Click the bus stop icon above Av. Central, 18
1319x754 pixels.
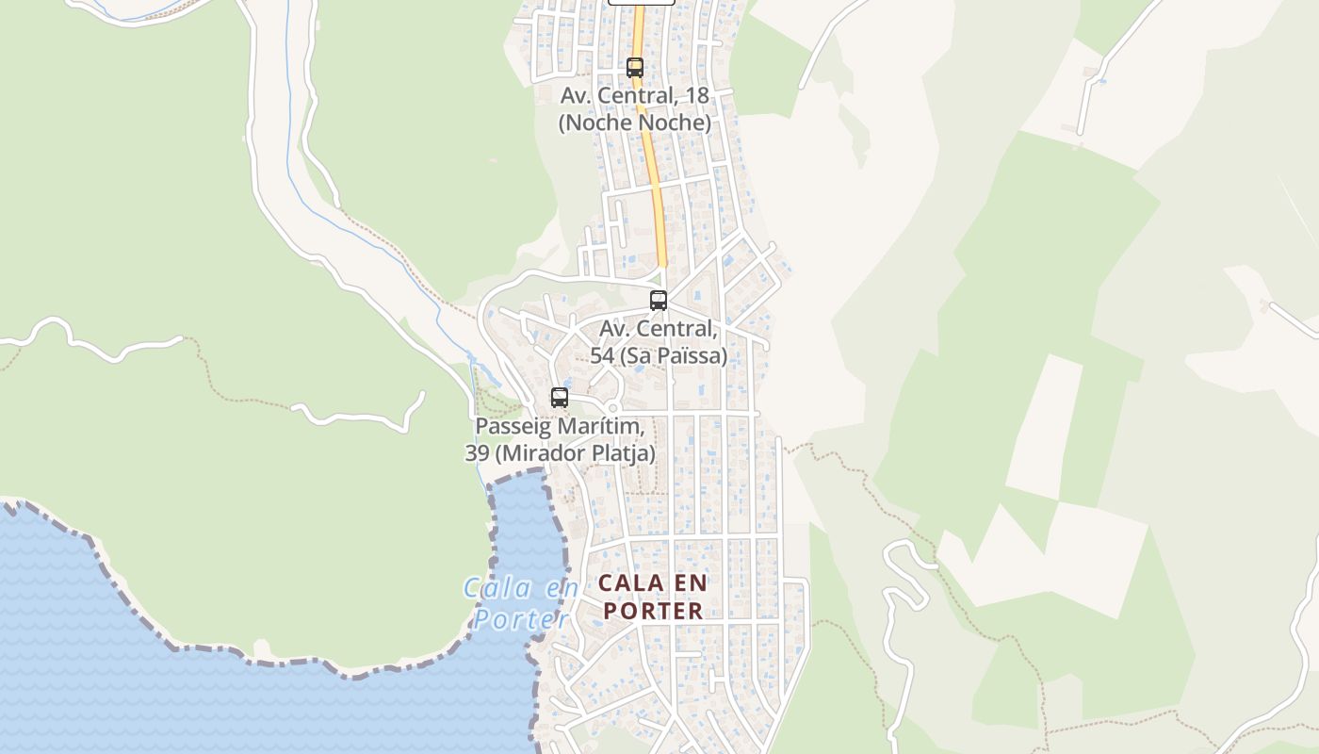point(635,68)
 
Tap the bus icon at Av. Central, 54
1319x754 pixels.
point(659,301)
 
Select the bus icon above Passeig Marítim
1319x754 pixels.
point(560,398)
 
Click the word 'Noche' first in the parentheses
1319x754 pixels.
point(596,123)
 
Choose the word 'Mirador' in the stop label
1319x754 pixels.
point(534,453)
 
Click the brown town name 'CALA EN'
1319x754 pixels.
point(653,582)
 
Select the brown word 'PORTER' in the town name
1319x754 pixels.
point(653,611)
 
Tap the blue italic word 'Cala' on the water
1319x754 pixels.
point(497,589)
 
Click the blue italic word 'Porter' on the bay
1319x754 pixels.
point(521,619)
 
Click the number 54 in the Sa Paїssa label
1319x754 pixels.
point(601,355)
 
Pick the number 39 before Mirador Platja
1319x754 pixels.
point(476,453)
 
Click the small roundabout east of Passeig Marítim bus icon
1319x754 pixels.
point(612,408)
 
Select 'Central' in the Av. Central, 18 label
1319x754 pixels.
point(644,95)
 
